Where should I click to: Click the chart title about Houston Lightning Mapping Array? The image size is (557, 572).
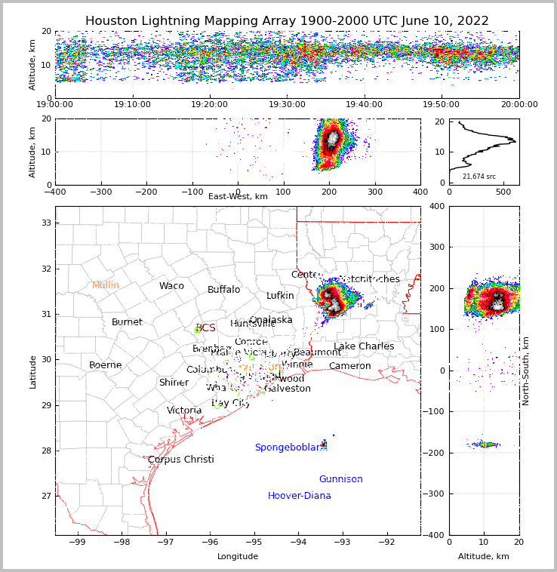287,21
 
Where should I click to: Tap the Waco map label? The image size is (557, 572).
171,286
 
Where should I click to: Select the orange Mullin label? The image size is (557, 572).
106,285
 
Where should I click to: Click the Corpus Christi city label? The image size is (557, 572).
181,460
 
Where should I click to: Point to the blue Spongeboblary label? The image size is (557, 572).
288,447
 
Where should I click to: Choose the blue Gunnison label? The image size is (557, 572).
340,479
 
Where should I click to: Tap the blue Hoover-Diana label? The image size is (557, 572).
300,496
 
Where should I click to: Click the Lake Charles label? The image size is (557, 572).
364,346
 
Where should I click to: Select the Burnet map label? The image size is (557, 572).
127,322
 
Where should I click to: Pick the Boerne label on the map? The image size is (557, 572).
106,365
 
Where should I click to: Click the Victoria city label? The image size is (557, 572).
184,411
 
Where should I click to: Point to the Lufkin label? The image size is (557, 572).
280,296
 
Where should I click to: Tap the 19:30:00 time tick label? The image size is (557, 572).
288,105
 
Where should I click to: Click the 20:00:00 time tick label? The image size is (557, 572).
519,105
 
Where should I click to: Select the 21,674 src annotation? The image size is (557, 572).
479,177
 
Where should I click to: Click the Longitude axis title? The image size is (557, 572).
238,556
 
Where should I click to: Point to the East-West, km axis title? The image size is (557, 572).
238,196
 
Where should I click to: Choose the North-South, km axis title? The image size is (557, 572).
526,371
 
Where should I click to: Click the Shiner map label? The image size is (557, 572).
174,383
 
